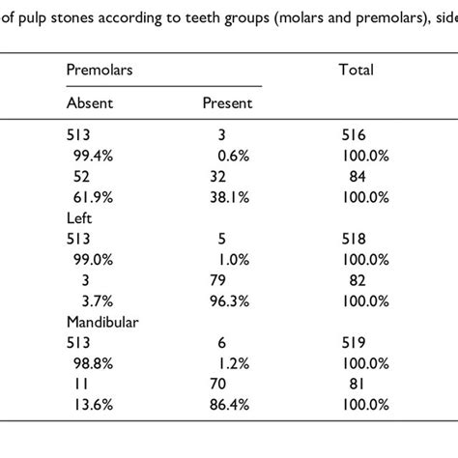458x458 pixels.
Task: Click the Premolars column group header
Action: (x=98, y=70)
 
